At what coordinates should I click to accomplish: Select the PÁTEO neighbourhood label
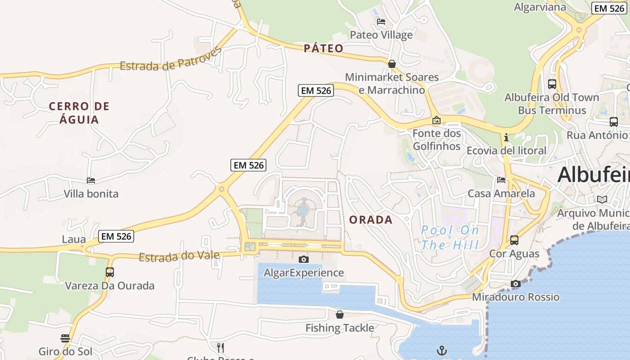[324, 49]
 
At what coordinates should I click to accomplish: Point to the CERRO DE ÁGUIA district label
[79, 113]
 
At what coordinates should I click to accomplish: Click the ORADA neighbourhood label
[371, 220]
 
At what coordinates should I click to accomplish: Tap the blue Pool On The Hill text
[450, 238]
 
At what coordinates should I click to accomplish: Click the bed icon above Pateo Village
[381, 22]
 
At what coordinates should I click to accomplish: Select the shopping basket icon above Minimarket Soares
[392, 64]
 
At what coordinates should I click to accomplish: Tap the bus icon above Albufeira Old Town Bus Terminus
[552, 84]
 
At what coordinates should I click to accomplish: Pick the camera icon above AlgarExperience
[304, 259]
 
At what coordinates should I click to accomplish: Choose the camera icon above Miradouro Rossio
[516, 283]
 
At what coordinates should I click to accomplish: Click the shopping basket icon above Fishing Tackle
[340, 315]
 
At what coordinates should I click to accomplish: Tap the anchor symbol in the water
[442, 350]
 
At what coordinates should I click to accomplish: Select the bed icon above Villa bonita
[91, 180]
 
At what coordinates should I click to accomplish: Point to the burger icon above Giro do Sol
[65, 338]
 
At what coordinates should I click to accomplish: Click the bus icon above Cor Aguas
[514, 240]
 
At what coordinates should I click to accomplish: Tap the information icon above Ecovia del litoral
[506, 137]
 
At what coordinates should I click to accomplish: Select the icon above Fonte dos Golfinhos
[436, 120]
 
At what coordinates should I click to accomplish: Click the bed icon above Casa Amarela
[501, 180]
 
